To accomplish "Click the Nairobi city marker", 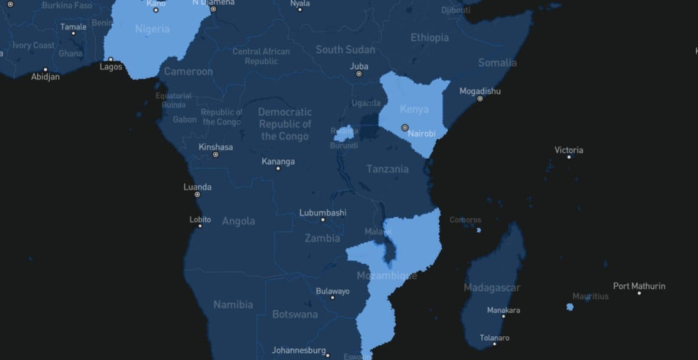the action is [x=405, y=127].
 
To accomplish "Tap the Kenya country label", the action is [x=414, y=109].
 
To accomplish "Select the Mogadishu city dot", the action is [x=480, y=99].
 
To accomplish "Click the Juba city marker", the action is [x=358, y=74].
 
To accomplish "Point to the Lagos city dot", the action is [x=110, y=59].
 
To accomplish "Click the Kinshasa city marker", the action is [x=216, y=155].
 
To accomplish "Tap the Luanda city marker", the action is [x=197, y=195].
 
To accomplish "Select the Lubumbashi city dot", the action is [x=322, y=220].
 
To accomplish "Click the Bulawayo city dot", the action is [x=332, y=297].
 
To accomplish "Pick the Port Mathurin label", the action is [x=639, y=286].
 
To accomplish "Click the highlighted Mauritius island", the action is [x=569, y=307].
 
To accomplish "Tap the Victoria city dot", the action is [x=569, y=157].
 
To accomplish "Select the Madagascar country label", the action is [x=492, y=288].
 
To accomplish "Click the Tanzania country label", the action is [x=387, y=169].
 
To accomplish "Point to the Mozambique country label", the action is [x=387, y=276].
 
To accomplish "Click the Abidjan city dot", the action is [x=45, y=70].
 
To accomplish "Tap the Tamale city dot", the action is [x=73, y=34].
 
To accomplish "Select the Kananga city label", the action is [x=278, y=162].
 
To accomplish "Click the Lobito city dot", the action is [x=200, y=226].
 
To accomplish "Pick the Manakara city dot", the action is [x=503, y=316].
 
